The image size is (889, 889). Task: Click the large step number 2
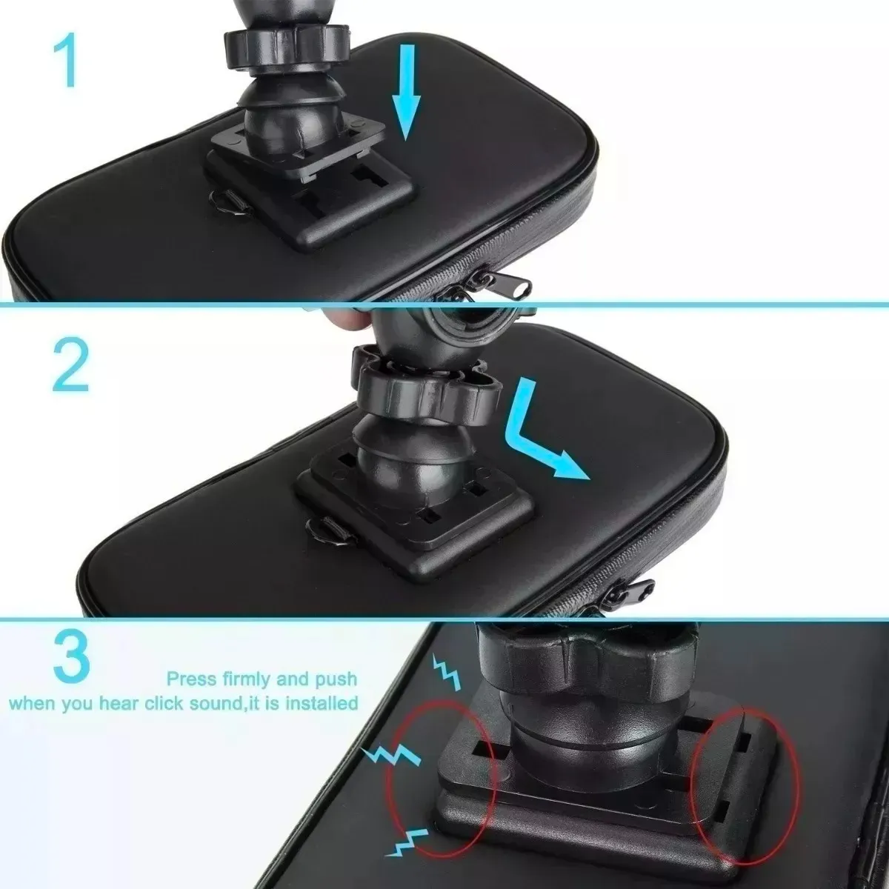tap(70, 365)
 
